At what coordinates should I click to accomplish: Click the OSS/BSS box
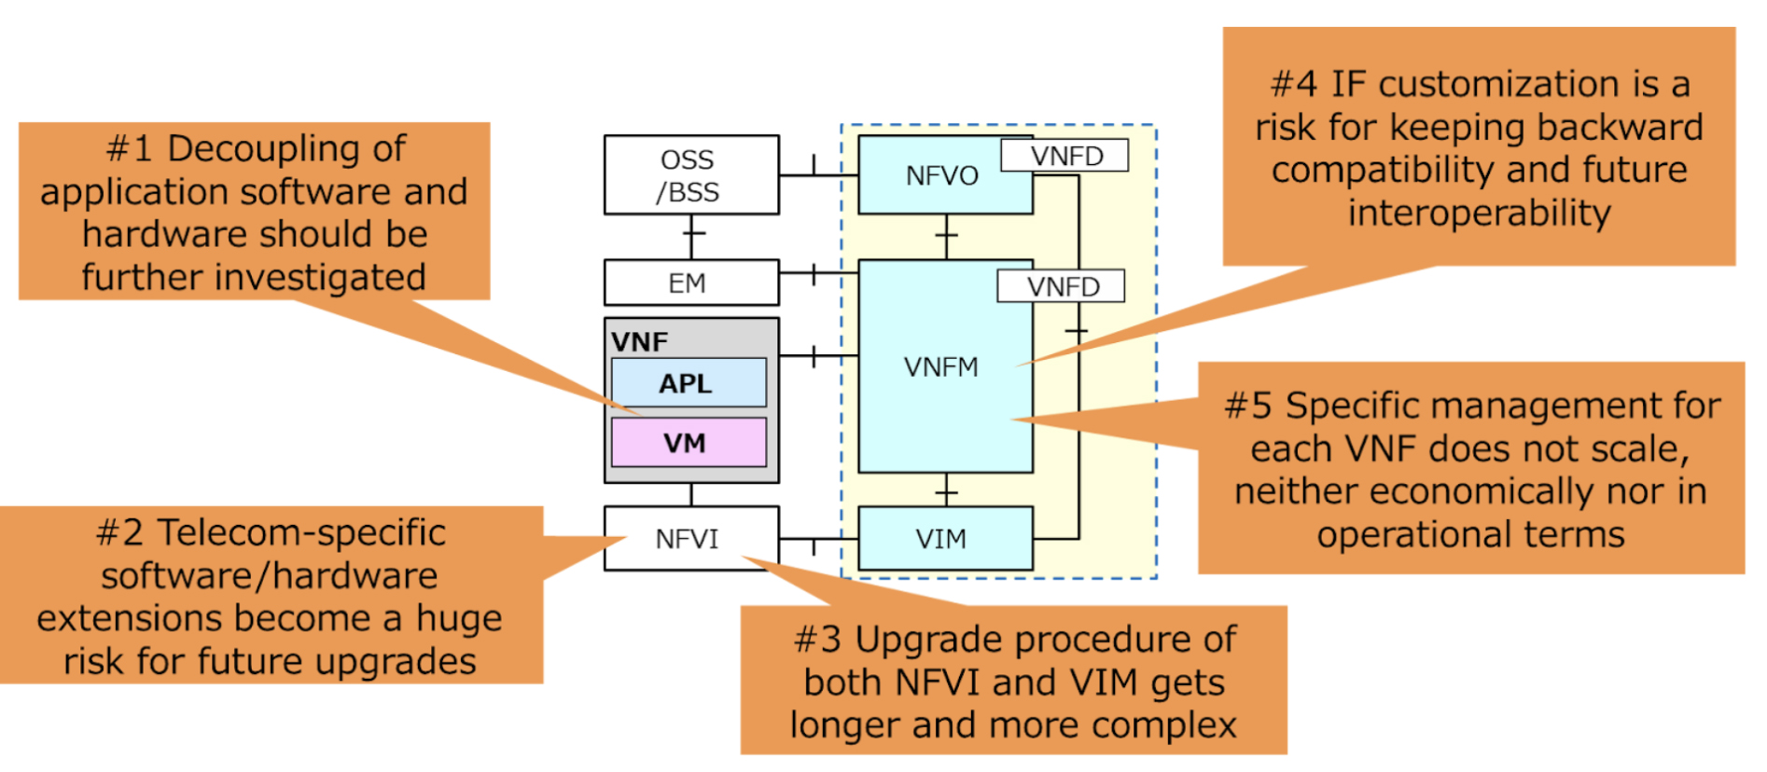coord(690,175)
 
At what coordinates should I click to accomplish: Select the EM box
coord(690,283)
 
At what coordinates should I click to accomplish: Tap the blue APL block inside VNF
coord(689,383)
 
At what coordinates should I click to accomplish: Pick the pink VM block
coord(689,443)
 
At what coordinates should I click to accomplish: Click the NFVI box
coord(689,539)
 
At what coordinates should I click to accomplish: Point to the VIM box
coord(942,539)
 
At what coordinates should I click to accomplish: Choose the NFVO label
coord(941,175)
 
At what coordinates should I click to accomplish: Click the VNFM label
coord(940,367)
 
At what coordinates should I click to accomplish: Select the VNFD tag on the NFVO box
coord(1065,156)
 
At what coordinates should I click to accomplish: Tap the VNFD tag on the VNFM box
coord(1062,286)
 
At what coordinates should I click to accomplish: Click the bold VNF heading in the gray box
coord(640,342)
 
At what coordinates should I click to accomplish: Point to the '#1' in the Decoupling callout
coord(129,149)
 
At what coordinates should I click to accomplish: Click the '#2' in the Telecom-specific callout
coord(118,533)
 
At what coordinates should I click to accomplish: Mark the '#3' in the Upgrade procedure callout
coord(816,641)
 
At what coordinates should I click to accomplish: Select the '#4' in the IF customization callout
coord(1293,85)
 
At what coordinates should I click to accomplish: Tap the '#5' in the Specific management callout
coord(1247,407)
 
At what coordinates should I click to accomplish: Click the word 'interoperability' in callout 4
coord(1479,214)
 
